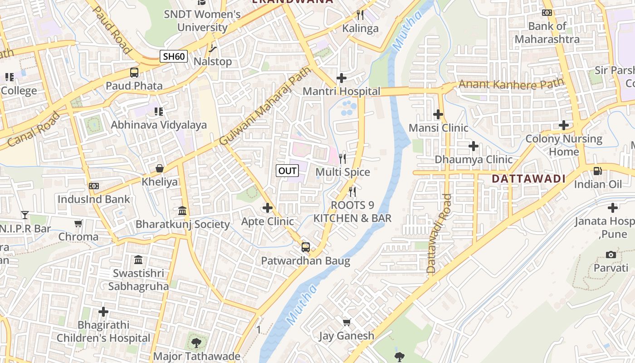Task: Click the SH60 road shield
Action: point(174,56)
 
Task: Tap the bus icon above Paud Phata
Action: point(134,72)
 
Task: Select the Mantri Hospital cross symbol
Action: point(341,78)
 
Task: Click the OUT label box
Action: point(288,171)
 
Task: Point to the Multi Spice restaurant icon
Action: point(342,158)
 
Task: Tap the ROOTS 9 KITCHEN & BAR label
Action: point(352,211)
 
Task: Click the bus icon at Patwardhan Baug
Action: point(306,247)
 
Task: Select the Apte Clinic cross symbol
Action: point(268,208)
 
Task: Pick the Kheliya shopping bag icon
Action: point(160,168)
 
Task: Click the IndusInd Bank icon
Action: point(94,186)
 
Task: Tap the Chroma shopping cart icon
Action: point(78,223)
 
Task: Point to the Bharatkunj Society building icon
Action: point(182,211)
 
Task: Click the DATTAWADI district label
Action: point(529,179)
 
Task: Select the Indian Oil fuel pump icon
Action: point(598,171)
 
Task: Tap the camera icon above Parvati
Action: point(611,255)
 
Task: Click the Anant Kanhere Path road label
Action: point(511,84)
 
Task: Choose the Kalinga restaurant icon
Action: point(360,15)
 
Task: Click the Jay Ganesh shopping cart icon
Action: point(347,322)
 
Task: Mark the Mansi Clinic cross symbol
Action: point(438,114)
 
